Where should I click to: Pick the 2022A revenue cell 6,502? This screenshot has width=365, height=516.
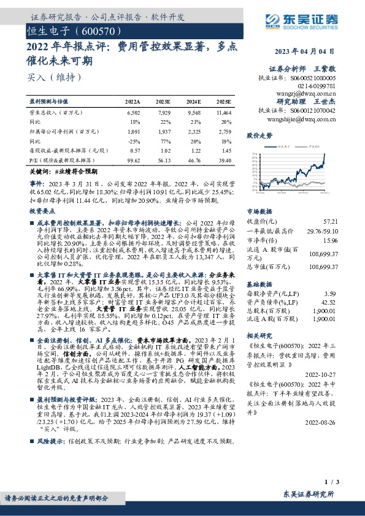(x=133, y=113)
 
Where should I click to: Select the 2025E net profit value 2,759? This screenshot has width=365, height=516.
(x=225, y=131)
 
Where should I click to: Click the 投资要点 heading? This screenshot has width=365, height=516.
(x=43, y=194)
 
